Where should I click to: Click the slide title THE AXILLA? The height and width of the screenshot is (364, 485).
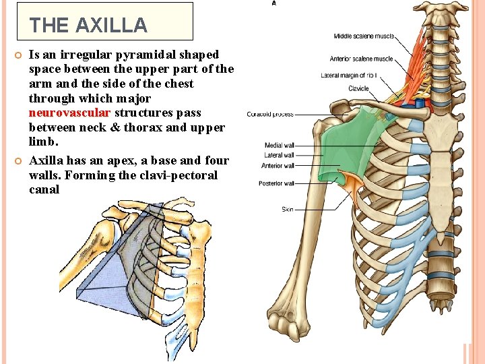88,25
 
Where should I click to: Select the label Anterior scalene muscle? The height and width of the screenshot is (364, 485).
361,59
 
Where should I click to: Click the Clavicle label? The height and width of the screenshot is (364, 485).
358,89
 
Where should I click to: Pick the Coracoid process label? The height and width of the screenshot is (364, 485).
270,115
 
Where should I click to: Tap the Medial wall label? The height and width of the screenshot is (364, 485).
279,146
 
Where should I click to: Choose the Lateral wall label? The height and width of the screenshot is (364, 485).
279,156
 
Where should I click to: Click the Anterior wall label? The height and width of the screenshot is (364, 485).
278,166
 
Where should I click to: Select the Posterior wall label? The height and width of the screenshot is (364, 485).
276,183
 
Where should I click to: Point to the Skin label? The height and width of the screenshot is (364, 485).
288,210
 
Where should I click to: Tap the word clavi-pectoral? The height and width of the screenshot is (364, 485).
181,175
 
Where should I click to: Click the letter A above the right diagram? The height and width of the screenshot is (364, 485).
273,3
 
